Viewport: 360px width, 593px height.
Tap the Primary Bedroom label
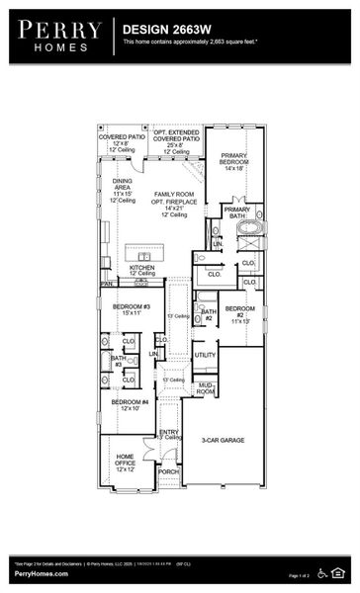pyautogui.click(x=234, y=162)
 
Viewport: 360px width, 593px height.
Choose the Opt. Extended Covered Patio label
pyautogui.click(x=176, y=140)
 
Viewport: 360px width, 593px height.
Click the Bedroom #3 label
pyautogui.click(x=131, y=310)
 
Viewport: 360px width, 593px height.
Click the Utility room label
pyautogui.click(x=205, y=355)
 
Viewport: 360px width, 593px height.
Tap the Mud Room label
pyautogui.click(x=206, y=387)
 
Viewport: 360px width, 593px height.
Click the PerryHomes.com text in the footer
pyautogui.click(x=41, y=573)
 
